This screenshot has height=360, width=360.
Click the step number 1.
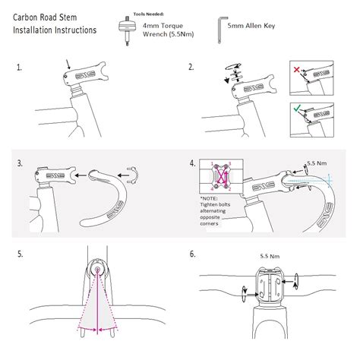19,68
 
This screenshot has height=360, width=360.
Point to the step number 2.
191,68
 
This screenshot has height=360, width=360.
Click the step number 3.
19,163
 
